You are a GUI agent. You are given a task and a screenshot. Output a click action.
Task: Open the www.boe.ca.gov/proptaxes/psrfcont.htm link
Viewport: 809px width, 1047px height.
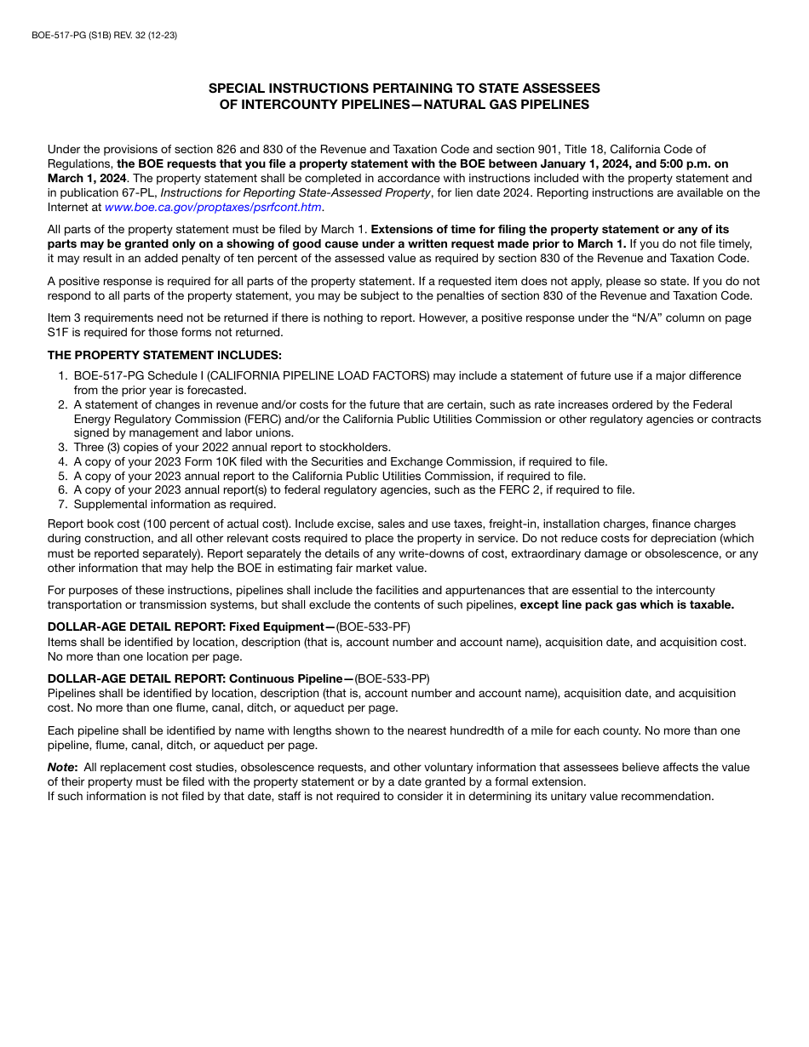pyautogui.click(x=213, y=207)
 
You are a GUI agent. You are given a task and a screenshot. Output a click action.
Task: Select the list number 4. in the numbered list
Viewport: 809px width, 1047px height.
pyautogui.click(x=62, y=462)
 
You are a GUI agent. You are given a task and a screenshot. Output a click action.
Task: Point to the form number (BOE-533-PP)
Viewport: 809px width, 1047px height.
pyautogui.click(x=392, y=678)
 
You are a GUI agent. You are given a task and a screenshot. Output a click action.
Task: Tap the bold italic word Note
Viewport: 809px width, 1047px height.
pyautogui.click(x=60, y=767)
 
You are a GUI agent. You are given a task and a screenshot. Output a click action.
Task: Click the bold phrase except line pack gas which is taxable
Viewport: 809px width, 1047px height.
pyautogui.click(x=627, y=604)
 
